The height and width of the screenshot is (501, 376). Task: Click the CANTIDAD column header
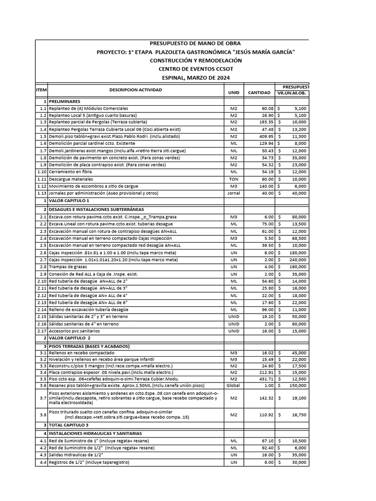pos(259,92)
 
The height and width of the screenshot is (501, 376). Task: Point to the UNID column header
pos(234,92)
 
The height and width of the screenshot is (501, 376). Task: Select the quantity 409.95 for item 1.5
pos(263,136)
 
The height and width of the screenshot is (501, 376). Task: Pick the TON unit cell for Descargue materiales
pos(234,179)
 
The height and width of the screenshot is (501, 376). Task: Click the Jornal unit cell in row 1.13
pos(234,193)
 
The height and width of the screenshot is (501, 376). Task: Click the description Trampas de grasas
pos(68,267)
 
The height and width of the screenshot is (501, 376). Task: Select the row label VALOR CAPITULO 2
pos(70,338)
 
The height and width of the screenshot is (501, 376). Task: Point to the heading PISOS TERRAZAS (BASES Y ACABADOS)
pos(89,346)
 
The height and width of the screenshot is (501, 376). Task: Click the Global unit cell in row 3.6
pos(234,386)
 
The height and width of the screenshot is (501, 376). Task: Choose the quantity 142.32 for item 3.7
pos(263,399)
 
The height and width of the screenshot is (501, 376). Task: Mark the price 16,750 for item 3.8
pos(297,414)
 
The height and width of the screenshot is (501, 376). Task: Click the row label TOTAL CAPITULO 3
pos(70,426)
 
